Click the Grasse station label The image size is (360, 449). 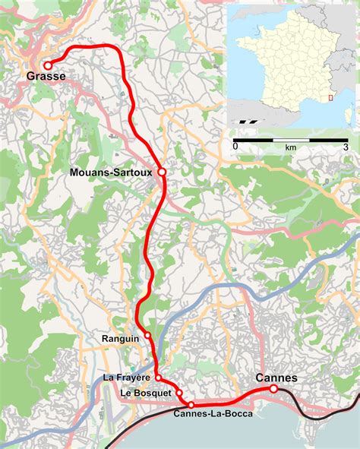(46, 77)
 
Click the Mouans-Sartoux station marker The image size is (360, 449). (162, 172)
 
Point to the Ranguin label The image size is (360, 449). (118, 336)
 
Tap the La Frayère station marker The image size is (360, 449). (158, 378)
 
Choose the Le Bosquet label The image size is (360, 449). (146, 392)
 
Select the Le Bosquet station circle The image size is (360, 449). (180, 392)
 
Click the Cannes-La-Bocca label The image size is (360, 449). (213, 413)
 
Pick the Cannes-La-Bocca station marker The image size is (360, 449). (191, 404)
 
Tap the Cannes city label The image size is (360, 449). (276, 378)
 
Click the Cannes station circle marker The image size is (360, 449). (273, 388)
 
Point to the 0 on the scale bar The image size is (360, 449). (235, 146)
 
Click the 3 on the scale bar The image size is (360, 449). (346, 146)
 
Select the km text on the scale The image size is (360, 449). (290, 146)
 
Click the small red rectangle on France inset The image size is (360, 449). (329, 96)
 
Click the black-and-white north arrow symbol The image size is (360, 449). (245, 119)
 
